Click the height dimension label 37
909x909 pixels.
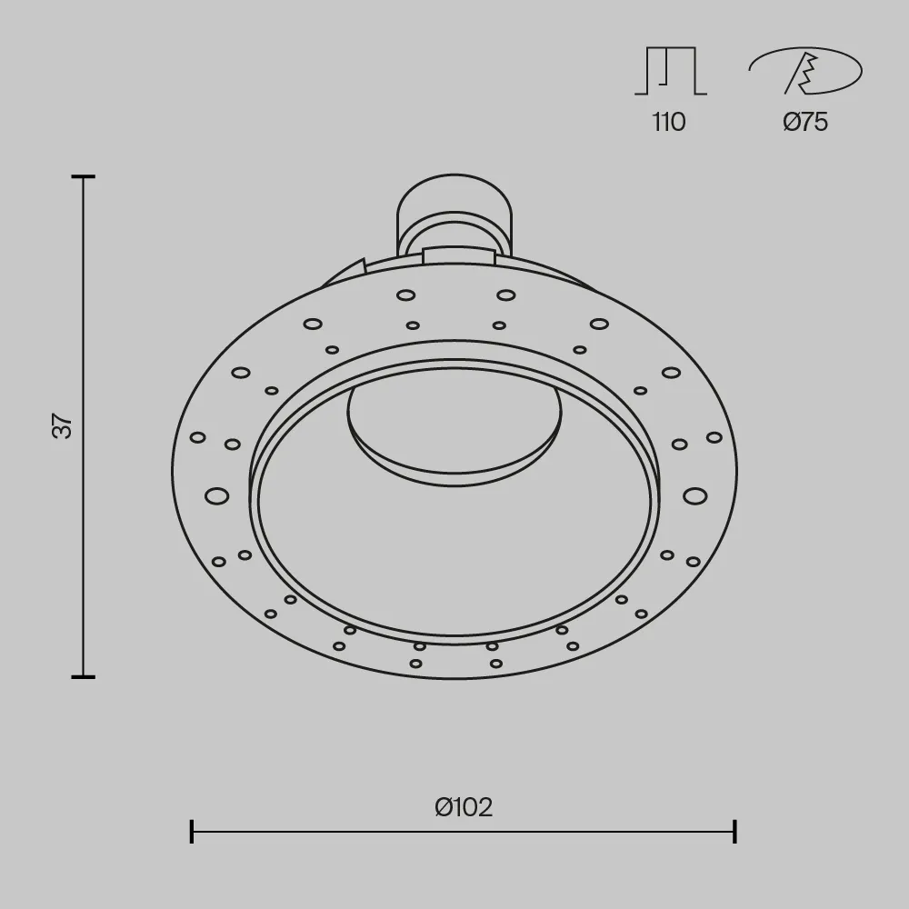tap(63, 425)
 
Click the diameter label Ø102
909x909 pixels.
tap(464, 807)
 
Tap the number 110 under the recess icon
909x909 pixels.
tap(669, 123)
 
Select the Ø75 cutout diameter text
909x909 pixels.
tap(805, 123)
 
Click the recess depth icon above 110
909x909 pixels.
tap(671, 71)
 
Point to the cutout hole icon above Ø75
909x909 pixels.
tap(805, 71)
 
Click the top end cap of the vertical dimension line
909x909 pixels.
tap(84, 176)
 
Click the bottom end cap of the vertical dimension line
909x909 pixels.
tap(84, 676)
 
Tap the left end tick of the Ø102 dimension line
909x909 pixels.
tap(192, 832)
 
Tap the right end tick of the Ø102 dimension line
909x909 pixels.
tap(734, 832)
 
